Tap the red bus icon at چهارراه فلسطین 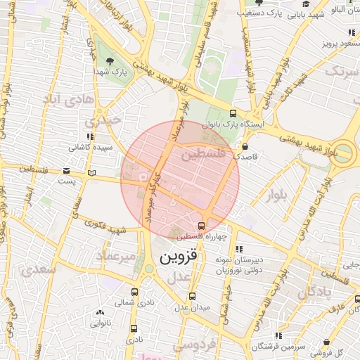202,226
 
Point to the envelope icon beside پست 67,170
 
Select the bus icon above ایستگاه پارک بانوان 233,113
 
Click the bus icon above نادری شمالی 134,291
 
